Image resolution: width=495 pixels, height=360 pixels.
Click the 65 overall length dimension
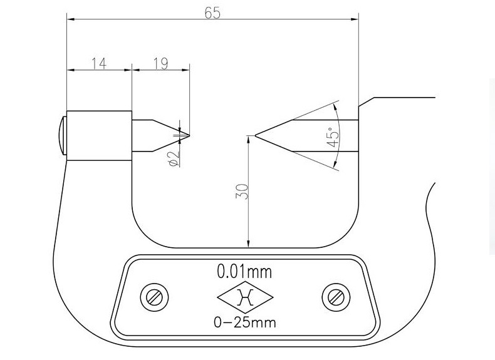point(212,13)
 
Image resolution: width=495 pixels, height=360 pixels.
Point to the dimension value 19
point(160,63)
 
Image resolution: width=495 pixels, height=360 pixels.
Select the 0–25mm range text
point(244,322)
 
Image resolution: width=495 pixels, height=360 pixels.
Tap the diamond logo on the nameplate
point(244,297)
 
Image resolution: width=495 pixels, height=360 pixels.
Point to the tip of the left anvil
point(189,135)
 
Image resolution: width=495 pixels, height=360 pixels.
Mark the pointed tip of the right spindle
point(255,135)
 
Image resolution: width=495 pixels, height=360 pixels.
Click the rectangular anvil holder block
point(99,136)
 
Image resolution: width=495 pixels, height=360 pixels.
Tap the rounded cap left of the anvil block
point(61,135)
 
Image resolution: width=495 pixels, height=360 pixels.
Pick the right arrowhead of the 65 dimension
point(356,19)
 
